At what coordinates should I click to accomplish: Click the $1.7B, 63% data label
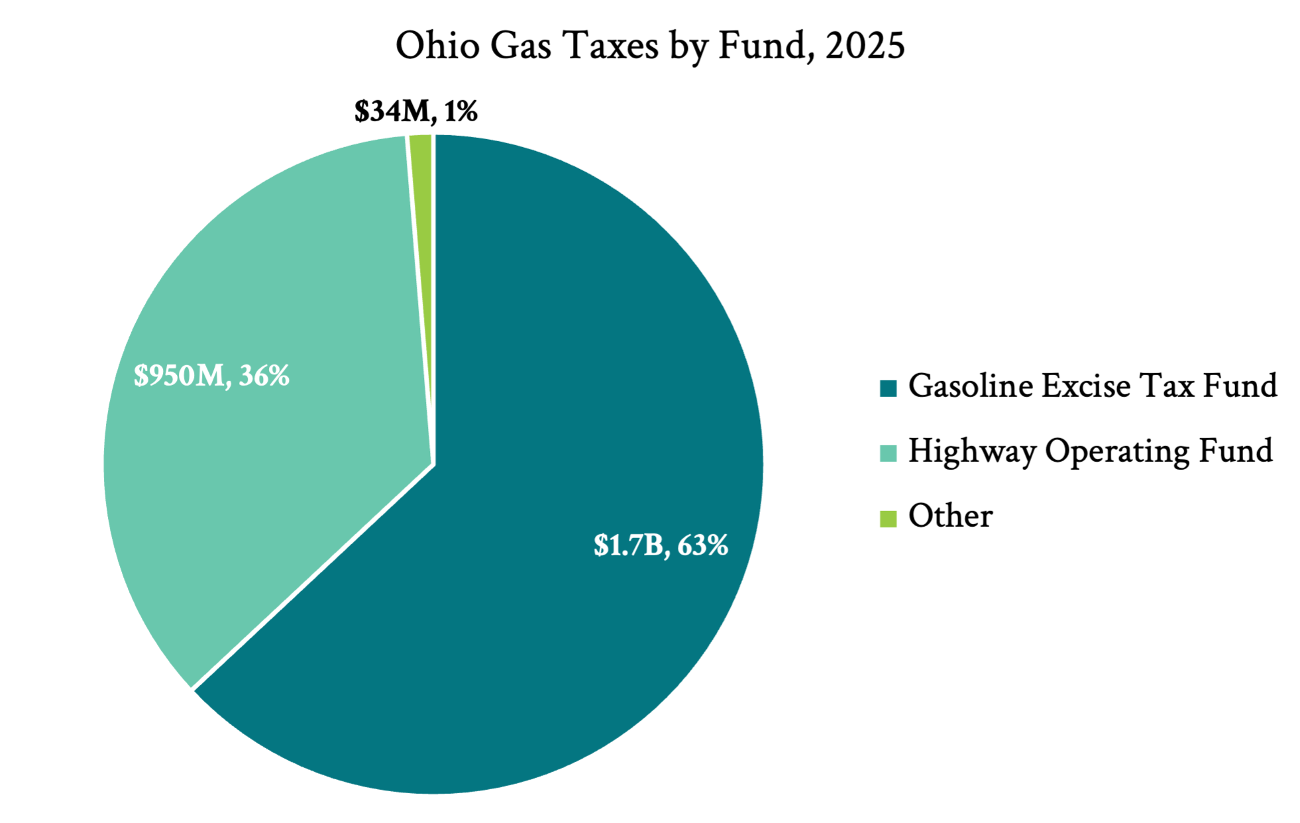point(661,545)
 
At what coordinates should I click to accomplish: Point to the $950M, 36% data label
point(211,376)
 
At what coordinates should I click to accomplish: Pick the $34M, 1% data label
point(415,111)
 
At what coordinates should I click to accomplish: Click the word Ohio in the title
point(437,46)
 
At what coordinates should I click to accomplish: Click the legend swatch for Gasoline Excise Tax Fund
point(888,388)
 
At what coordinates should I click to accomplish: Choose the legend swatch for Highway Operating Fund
point(888,453)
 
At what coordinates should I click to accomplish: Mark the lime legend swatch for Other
point(888,518)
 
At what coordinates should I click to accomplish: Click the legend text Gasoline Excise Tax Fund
point(1093,386)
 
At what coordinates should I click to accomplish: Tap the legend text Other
point(950,516)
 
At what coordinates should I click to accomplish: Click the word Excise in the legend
point(1086,386)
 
